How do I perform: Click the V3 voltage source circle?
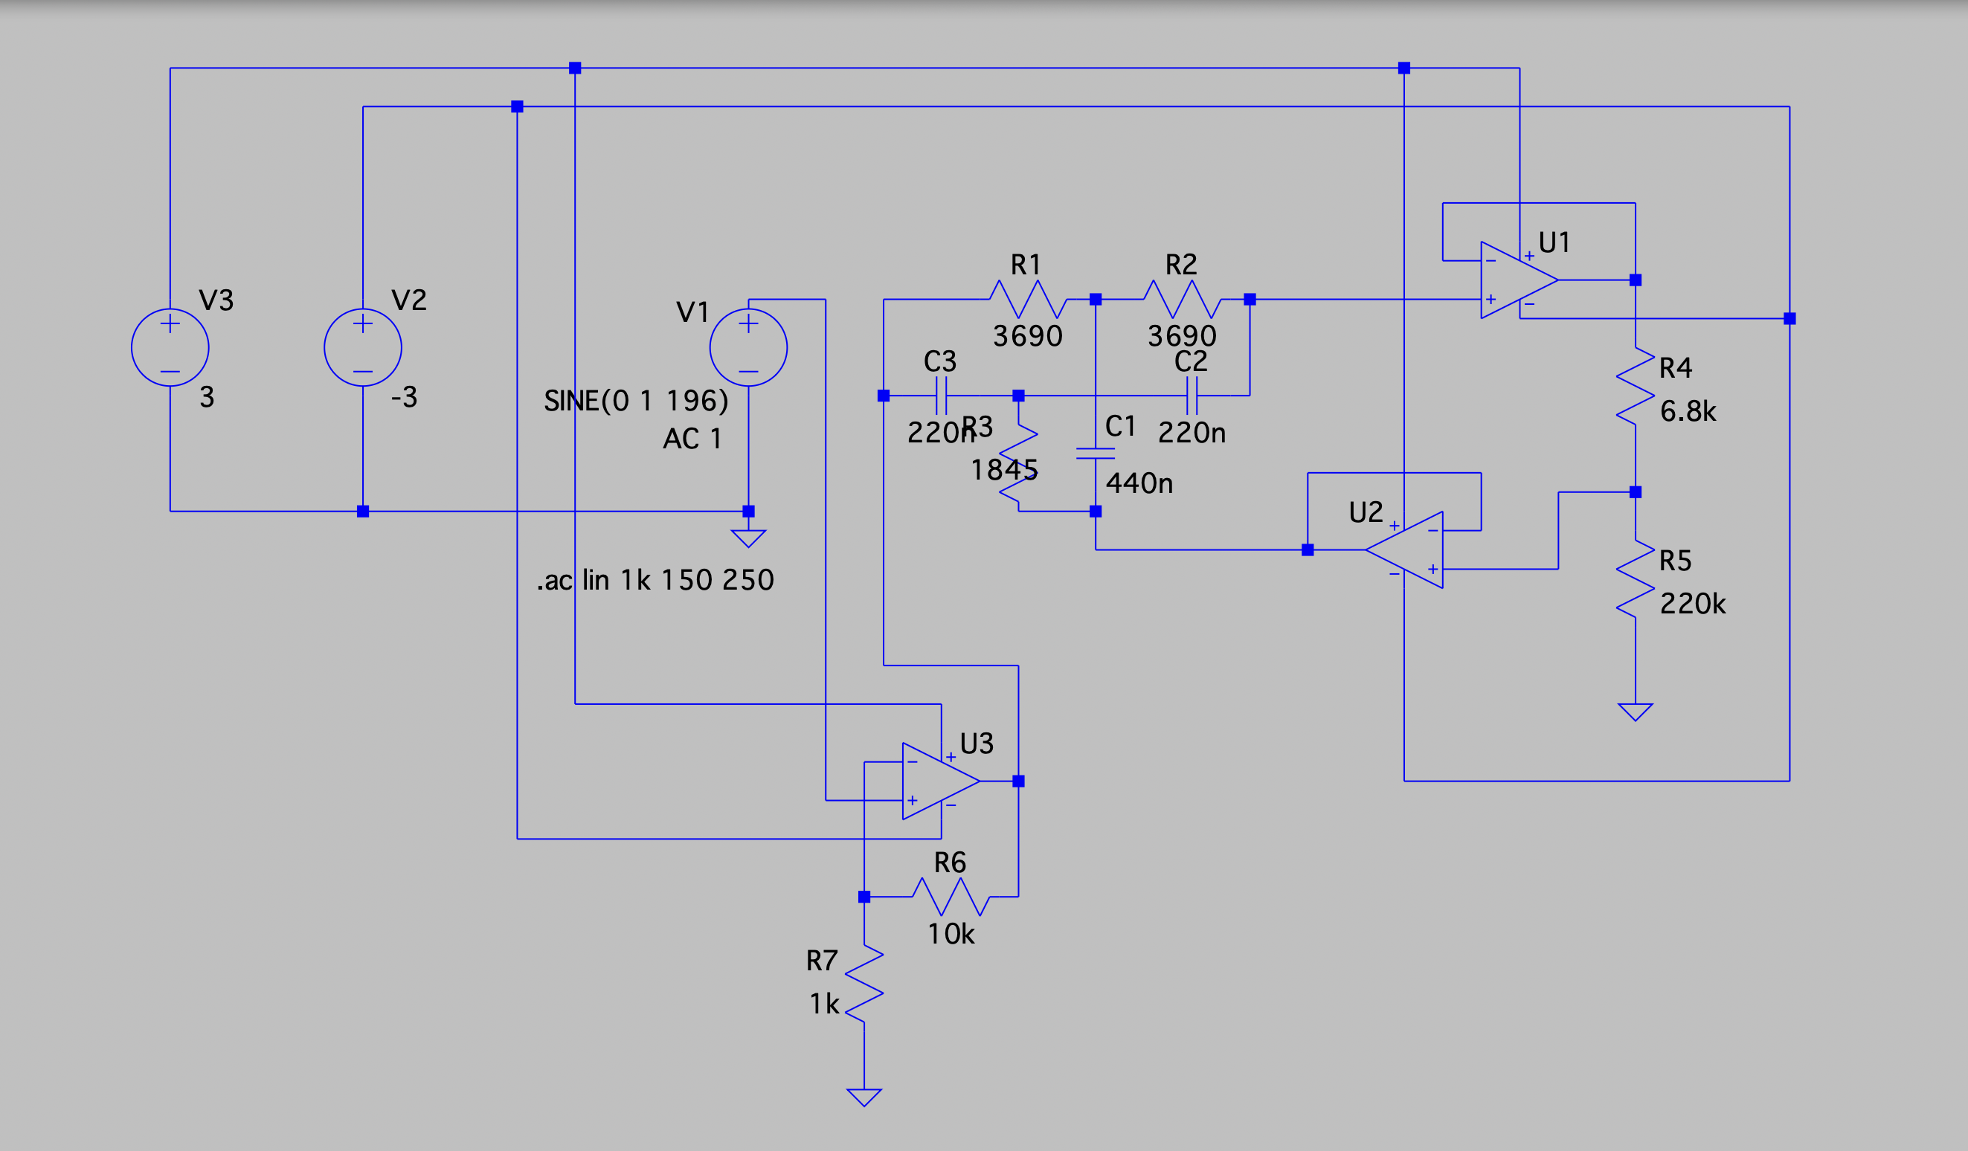point(170,347)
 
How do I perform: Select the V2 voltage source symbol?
point(362,347)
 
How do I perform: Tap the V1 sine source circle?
point(748,347)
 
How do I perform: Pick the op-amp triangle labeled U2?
point(1410,549)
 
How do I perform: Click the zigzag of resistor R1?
point(1028,299)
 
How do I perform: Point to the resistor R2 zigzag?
point(1182,299)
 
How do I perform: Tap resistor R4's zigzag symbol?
point(1636,386)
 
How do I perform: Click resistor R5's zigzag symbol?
point(1636,578)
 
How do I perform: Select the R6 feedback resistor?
point(951,897)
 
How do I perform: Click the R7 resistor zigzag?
point(864,983)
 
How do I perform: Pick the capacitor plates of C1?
point(1095,454)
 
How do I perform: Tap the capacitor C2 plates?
point(1192,395)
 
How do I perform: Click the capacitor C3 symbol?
point(941,395)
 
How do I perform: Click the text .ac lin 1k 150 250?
point(655,580)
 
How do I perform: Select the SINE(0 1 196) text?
point(636,401)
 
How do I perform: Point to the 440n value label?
point(1139,483)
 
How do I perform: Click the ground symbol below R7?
point(864,1097)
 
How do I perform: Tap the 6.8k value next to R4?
point(1688,411)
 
